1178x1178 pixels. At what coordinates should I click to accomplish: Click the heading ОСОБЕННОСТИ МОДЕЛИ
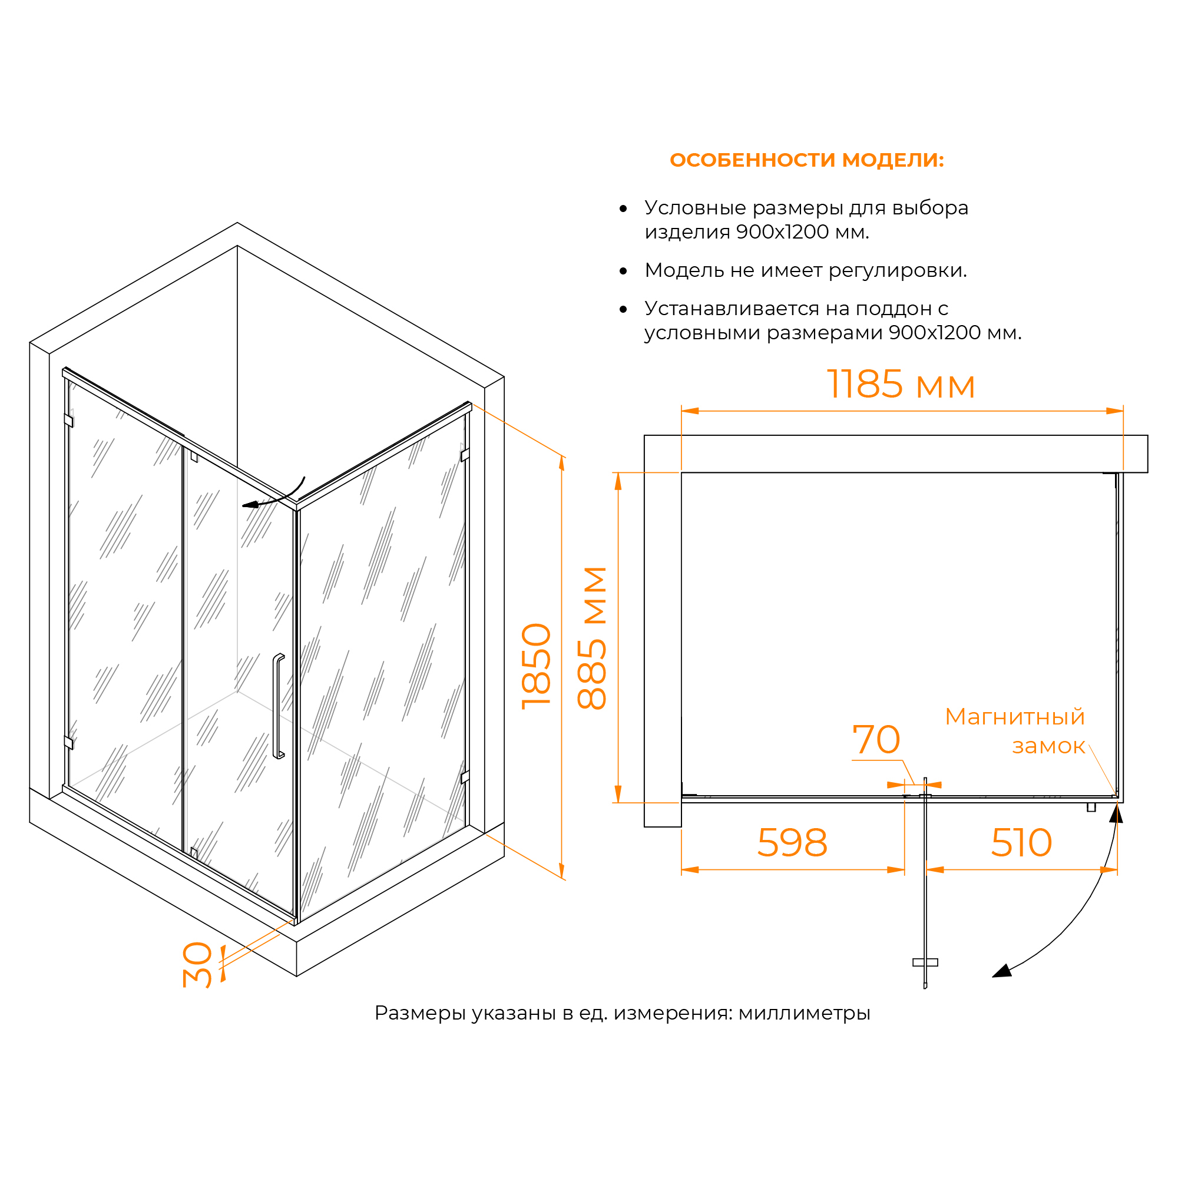[806, 160]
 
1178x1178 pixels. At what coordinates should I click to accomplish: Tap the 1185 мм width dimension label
[901, 385]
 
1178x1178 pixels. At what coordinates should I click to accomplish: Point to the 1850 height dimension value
[537, 666]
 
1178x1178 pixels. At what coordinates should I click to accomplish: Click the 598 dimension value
[792, 843]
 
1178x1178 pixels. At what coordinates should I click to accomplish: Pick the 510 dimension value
[1021, 843]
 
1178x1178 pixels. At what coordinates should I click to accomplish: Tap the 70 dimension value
[876, 740]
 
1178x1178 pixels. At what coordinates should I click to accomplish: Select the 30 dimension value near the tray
[198, 965]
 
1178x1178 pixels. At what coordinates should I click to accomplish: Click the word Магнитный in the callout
[1015, 717]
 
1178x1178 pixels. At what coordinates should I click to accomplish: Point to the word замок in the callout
[1048, 746]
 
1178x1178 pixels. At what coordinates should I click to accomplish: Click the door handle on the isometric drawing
[279, 707]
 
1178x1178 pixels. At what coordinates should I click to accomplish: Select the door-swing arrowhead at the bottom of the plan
[1001, 971]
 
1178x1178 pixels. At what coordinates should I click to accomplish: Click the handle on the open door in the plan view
[925, 963]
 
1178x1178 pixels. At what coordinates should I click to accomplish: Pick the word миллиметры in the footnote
[804, 1012]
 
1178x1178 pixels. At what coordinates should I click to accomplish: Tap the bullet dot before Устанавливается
[623, 310]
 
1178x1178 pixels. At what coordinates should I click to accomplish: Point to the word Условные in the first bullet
[695, 208]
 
